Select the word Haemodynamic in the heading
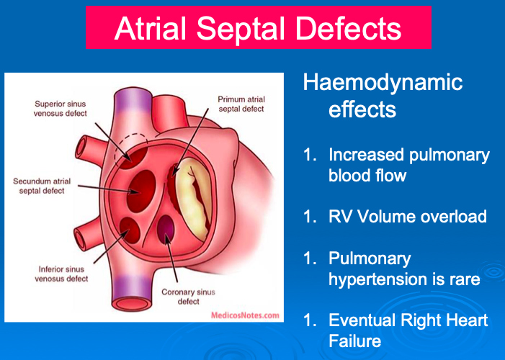tap(383, 83)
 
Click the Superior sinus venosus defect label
tap(62, 108)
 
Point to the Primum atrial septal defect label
tap(241, 104)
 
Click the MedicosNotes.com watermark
tap(246, 315)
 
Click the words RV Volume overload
tap(407, 217)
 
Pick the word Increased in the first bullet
tap(370, 155)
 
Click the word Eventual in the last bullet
tap(361, 320)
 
